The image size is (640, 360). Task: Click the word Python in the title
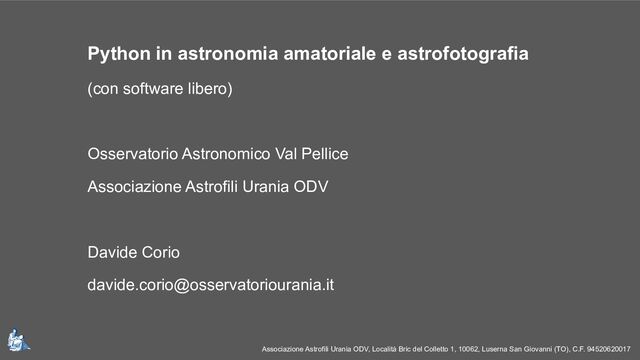117,52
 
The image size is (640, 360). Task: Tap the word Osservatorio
130,156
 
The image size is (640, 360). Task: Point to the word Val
281,156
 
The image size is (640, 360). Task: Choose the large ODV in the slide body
310,188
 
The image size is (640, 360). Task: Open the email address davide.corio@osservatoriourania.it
211,285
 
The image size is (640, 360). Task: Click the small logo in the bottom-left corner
17,340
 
